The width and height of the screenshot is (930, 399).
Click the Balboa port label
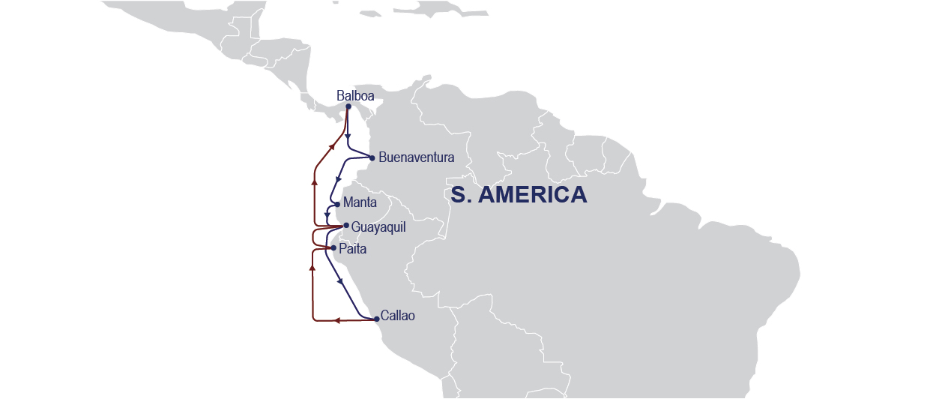click(355, 96)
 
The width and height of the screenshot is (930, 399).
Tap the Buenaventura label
click(417, 157)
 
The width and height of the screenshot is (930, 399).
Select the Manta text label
click(360, 202)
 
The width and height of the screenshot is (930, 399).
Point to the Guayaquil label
click(378, 226)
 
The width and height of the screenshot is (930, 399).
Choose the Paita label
click(353, 248)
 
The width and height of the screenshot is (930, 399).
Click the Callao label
click(397, 316)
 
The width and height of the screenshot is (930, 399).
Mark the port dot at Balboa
click(348, 106)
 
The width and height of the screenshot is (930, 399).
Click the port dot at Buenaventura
click(372, 157)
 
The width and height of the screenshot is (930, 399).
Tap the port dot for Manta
click(337, 204)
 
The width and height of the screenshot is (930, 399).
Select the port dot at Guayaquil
click(345, 226)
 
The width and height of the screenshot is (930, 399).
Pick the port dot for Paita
click(333, 247)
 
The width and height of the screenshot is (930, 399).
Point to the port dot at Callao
click(376, 319)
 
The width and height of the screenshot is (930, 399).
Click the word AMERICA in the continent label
click(532, 195)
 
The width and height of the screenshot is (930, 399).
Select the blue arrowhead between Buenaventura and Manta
click(339, 179)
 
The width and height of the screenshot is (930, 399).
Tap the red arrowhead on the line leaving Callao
click(337, 320)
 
